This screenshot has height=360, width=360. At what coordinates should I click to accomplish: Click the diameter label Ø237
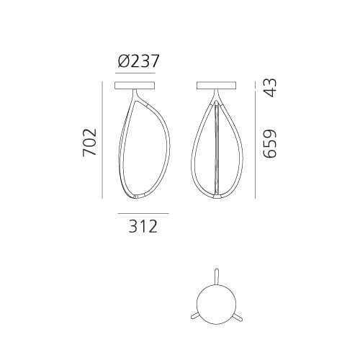(x=138, y=62)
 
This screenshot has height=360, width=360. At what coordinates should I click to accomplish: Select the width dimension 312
(x=143, y=228)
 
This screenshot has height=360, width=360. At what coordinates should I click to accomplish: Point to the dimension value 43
(x=269, y=87)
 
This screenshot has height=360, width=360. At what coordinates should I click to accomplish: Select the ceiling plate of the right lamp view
(x=218, y=86)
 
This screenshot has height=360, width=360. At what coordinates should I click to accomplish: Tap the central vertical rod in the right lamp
(x=218, y=148)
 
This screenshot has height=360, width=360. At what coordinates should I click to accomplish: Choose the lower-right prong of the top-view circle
(x=237, y=317)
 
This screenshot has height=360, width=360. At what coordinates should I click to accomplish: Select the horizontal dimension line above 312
(x=143, y=214)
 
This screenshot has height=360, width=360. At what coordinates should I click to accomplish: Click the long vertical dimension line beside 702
(x=105, y=141)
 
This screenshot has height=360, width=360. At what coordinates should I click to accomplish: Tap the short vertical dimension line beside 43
(x=256, y=87)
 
